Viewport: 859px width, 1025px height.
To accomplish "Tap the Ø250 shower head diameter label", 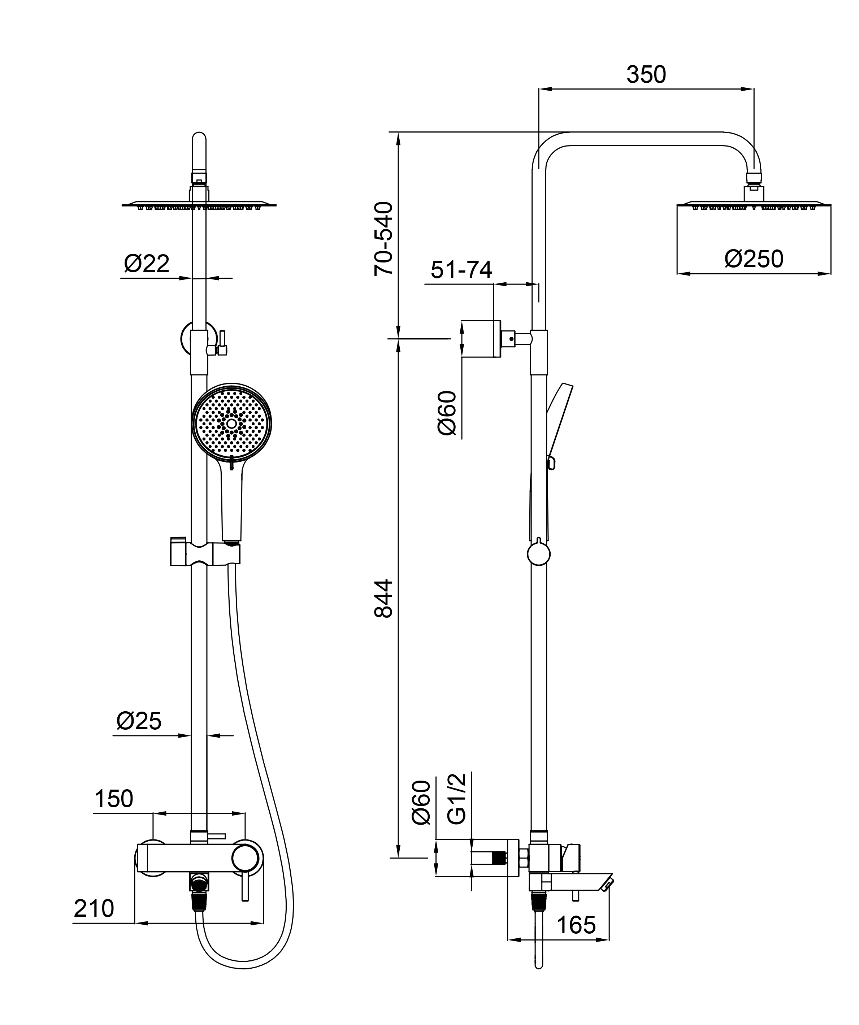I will click(x=754, y=259).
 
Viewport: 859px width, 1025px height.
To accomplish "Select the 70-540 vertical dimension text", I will click(x=383, y=239).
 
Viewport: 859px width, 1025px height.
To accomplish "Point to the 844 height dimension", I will click(x=383, y=599).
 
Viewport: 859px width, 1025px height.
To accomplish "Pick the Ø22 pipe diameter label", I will click(x=147, y=264).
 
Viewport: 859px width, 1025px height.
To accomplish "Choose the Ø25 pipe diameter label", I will click(x=139, y=721).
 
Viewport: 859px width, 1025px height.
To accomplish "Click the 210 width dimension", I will click(x=94, y=908).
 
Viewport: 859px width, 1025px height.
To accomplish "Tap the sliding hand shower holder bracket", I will click(x=205, y=553).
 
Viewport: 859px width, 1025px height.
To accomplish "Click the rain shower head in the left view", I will click(x=199, y=205).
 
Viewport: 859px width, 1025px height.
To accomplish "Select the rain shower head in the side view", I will click(x=753, y=205).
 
